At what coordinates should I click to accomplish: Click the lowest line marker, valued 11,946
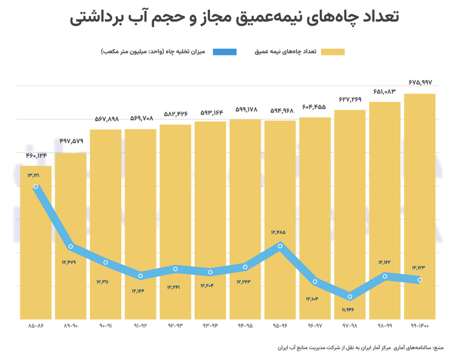350,297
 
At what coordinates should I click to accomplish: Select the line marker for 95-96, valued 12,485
280,246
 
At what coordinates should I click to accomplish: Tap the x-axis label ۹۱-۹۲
140,326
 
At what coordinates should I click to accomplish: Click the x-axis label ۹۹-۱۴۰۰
420,326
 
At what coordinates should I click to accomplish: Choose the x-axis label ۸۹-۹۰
70,326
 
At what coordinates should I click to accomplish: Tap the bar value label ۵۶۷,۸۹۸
105,120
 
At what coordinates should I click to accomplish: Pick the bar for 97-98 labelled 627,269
350,213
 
